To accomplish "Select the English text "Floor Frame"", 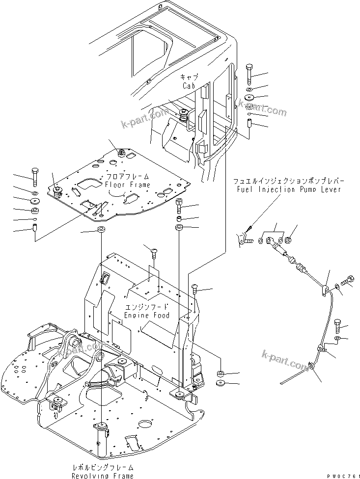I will tap(127, 185).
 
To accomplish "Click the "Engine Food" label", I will tap(146, 315).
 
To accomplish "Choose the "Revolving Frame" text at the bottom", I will tap(102, 476).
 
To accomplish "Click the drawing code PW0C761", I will tap(341, 474).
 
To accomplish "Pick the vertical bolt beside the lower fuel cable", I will tap(337, 325).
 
